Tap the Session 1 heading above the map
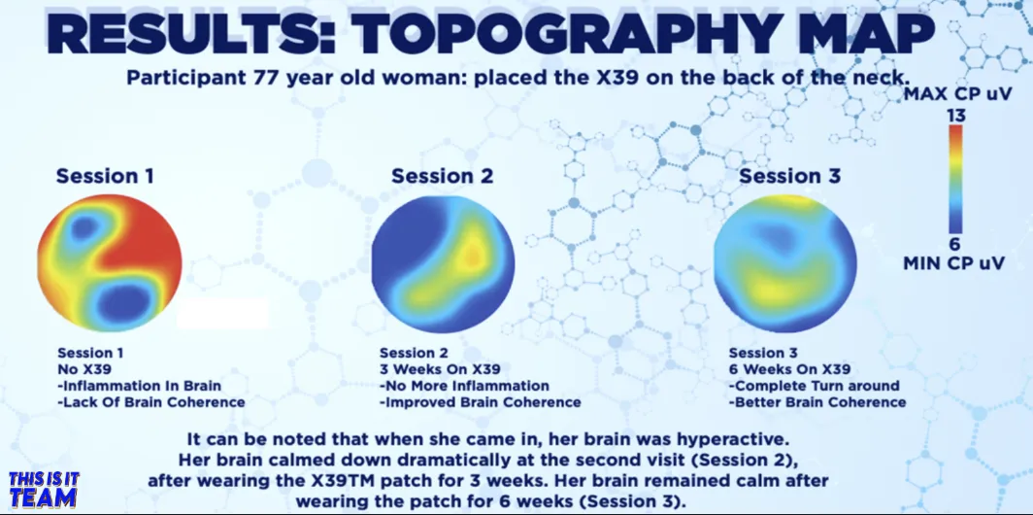coord(105,176)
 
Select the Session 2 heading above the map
coord(442,176)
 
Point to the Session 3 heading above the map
coord(790,176)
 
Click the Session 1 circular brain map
coord(110,262)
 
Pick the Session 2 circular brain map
coord(443,263)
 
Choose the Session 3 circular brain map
coord(785,263)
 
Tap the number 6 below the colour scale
coord(954,244)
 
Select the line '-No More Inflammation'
coord(464,385)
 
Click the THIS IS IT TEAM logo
coord(44,490)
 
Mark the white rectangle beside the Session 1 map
coord(222,313)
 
